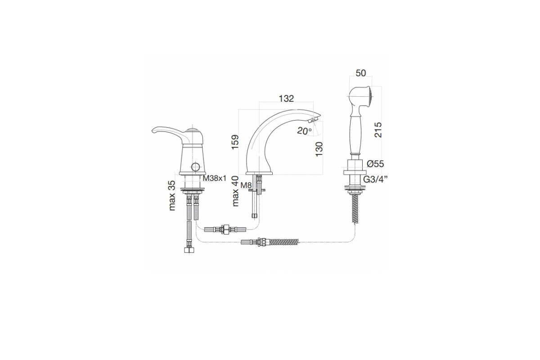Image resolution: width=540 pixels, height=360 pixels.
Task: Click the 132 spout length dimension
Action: [286, 99]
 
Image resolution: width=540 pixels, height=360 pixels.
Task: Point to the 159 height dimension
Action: [235, 142]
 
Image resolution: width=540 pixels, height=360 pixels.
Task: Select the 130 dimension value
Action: [319, 149]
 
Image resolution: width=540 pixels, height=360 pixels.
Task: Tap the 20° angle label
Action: [305, 131]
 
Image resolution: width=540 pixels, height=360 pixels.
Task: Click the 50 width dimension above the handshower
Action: [360, 73]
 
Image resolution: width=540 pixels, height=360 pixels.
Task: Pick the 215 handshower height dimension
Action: [378, 130]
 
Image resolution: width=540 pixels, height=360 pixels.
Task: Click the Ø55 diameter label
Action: [375, 164]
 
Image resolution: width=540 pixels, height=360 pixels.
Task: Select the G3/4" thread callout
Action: [375, 180]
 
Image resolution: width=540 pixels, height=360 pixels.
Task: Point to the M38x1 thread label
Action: [215, 178]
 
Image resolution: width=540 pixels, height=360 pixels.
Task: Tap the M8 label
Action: [246, 185]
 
